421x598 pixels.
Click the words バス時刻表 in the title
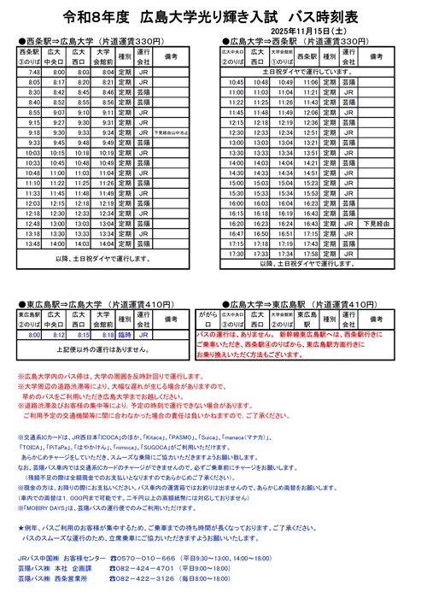tap(324, 17)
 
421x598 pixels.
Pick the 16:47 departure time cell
tap(237, 232)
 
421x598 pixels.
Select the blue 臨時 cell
tap(125, 336)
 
